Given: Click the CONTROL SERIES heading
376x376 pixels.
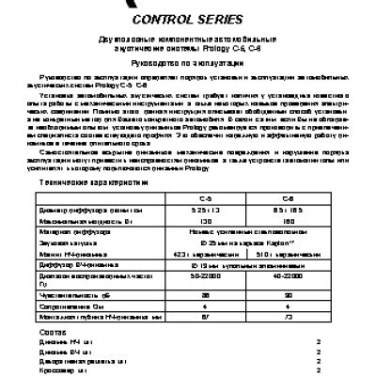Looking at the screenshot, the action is click(x=187, y=18).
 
